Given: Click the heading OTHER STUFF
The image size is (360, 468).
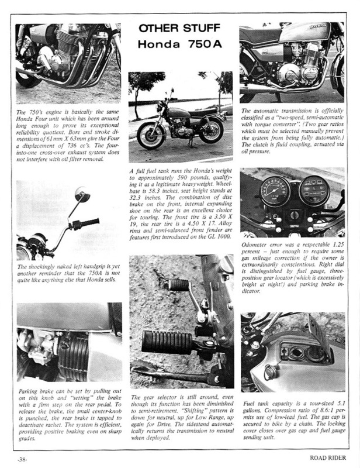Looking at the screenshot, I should pyautogui.click(x=180, y=30).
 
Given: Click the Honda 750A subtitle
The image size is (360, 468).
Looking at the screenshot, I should pyautogui.click(x=180, y=46).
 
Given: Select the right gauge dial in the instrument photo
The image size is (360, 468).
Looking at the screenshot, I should pyautogui.click(x=314, y=190).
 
